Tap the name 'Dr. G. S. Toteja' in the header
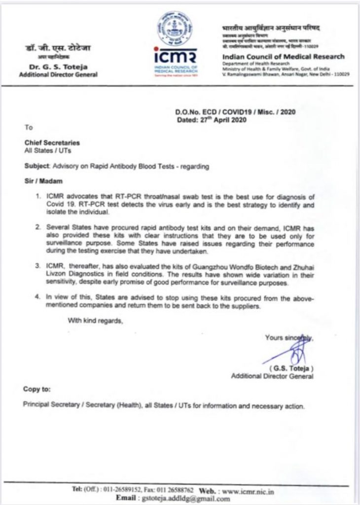(x=58, y=67)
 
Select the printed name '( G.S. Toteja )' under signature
(x=291, y=368)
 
